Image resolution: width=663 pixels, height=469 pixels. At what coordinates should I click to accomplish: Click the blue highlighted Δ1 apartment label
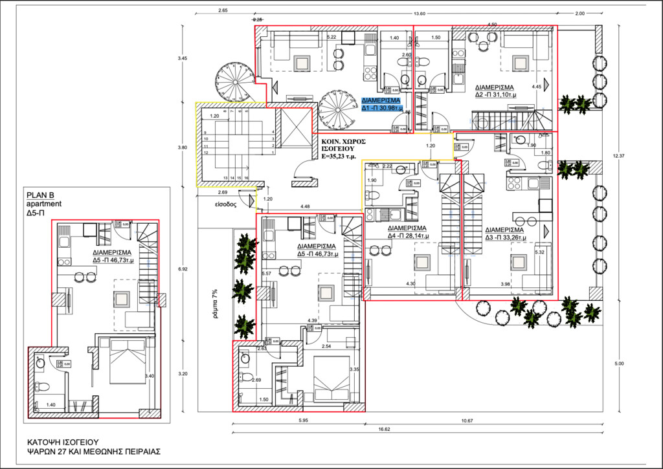[x=382, y=105]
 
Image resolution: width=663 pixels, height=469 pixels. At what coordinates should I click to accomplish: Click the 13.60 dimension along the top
[x=420, y=13]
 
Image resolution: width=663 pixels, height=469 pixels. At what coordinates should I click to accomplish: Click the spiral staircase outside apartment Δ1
[x=232, y=80]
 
